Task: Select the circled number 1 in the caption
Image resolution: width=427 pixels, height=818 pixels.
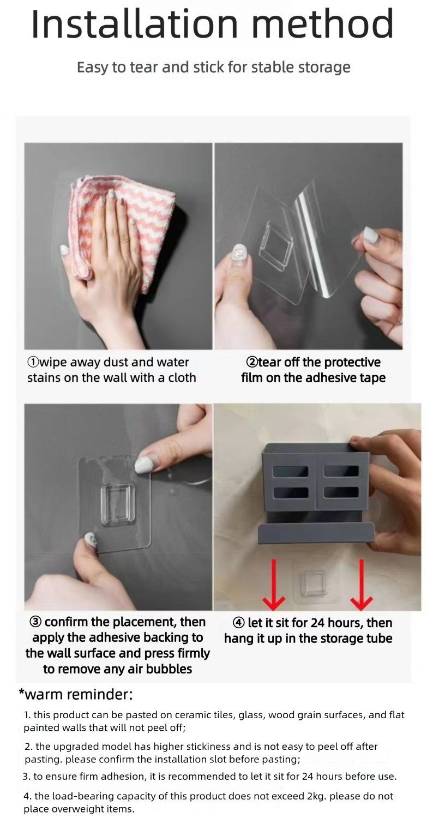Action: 33,362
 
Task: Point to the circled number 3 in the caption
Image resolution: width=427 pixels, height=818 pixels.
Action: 36,622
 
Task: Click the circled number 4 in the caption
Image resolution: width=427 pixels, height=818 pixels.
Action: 238,623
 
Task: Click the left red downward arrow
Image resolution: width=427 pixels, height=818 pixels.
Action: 274,584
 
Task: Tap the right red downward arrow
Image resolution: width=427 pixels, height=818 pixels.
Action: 361,584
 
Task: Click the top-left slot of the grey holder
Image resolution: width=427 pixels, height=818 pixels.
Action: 290,472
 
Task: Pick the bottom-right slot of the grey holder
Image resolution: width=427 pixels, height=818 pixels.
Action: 341,492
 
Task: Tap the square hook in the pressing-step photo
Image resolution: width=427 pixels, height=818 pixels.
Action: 118,505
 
